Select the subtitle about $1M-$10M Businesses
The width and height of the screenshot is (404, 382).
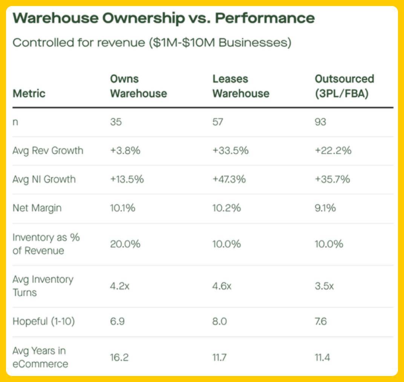tap(152, 43)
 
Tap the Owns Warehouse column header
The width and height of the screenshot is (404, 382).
tap(138, 86)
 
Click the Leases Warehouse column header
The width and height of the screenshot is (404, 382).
tap(241, 86)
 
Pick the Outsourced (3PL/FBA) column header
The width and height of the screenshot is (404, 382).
tap(344, 86)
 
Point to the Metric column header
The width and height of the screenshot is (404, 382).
tap(29, 93)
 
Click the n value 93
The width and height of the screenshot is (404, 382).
tap(320, 122)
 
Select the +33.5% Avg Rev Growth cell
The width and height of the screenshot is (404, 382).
tap(230, 151)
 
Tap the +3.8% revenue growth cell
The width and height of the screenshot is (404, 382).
tap(125, 151)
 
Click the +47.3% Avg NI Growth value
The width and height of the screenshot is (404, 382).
tap(229, 179)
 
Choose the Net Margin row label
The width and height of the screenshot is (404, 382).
tap(37, 208)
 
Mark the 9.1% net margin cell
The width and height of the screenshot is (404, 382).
tap(325, 208)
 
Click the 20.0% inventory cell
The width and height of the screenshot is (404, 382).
tap(125, 244)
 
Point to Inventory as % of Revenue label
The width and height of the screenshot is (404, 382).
tap(46, 244)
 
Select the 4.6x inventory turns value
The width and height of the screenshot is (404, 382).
tap(222, 286)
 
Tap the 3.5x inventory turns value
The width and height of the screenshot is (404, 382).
tap(324, 286)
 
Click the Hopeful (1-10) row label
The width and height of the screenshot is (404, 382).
tap(43, 322)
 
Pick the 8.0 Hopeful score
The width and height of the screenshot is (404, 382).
tap(219, 322)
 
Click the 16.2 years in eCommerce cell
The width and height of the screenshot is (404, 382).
tap(119, 357)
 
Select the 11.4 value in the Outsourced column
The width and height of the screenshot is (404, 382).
tap(322, 357)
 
